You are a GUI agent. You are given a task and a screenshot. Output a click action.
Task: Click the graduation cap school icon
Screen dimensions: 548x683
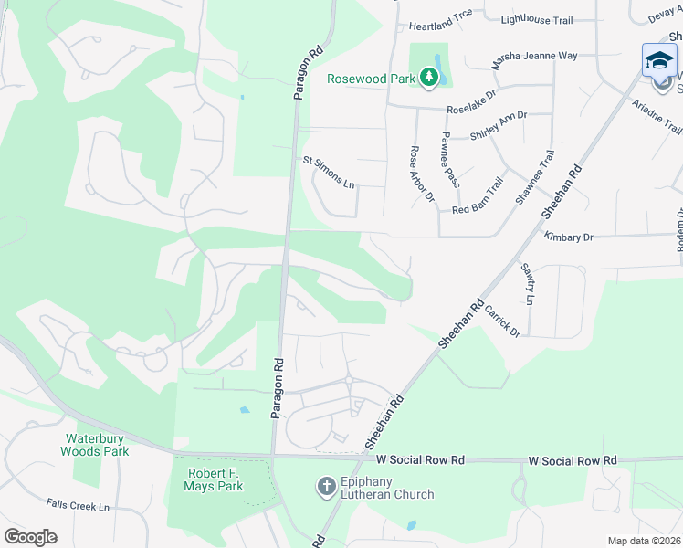pos(659,60)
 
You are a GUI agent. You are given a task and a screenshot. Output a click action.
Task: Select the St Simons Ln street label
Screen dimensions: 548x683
pos(329,173)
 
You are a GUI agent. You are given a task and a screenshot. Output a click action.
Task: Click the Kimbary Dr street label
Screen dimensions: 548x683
pos(568,237)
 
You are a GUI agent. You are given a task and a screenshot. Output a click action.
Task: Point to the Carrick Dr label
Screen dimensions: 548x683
pos(502,321)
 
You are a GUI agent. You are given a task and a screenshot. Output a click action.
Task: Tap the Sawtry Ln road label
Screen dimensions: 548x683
pos(528,285)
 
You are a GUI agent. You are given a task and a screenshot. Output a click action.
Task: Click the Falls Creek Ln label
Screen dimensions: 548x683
pos(78,506)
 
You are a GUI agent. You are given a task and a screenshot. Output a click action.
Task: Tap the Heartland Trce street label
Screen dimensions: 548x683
pos(441,26)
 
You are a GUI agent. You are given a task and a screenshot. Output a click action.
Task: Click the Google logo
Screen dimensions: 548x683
pos(31,537)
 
